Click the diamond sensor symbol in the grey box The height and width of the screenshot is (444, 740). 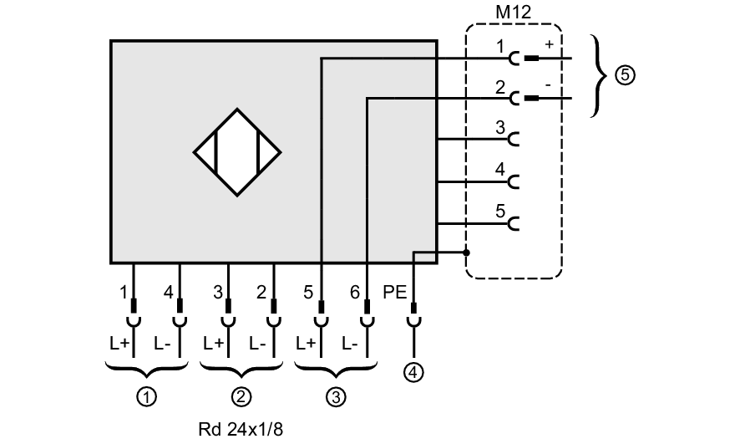pyautogui.click(x=237, y=152)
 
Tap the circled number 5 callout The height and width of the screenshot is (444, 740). pyautogui.click(x=625, y=76)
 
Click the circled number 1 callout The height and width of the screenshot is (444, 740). pyautogui.click(x=147, y=397)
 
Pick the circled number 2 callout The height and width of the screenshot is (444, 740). pyautogui.click(x=241, y=397)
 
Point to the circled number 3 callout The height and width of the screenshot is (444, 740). pyautogui.click(x=335, y=397)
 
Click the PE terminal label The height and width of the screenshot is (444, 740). pyautogui.click(x=394, y=293)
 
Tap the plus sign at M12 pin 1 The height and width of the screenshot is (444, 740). pyautogui.click(x=549, y=44)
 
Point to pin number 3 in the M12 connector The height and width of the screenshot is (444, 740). pyautogui.click(x=499, y=128)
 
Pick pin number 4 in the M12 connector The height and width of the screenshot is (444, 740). pyautogui.click(x=499, y=169)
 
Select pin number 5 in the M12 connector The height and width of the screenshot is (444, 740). pyautogui.click(x=499, y=211)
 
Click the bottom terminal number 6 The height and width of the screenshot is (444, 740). pyautogui.click(x=355, y=293)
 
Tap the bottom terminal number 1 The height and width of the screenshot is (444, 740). pyautogui.click(x=124, y=293)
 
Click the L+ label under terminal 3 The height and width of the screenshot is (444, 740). pyautogui.click(x=214, y=344)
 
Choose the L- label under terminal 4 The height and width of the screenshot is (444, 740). pyautogui.click(x=164, y=344)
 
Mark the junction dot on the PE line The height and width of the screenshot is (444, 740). pyautogui.click(x=467, y=253)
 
